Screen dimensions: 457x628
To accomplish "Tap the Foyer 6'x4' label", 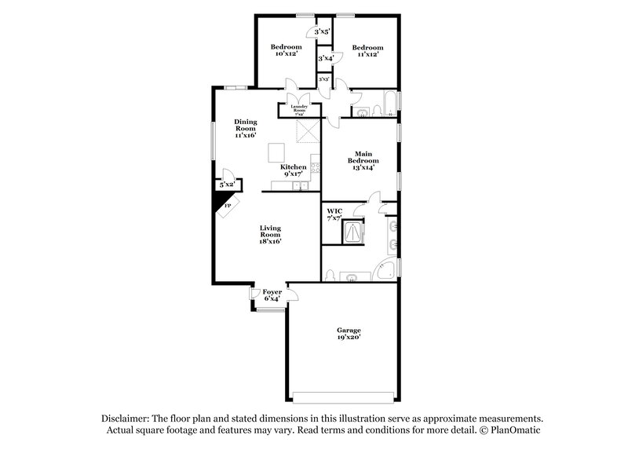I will point(272,295).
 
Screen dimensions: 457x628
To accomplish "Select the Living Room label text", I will point(271,235).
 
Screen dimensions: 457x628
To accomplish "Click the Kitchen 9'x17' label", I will point(294,171).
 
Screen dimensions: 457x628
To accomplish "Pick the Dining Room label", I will point(246,128).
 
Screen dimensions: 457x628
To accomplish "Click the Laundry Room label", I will point(298,110).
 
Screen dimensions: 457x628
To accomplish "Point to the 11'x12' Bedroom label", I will point(366,49).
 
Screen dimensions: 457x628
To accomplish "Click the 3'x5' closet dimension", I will point(322,32).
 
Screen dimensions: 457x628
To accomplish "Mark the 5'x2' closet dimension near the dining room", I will point(228,185).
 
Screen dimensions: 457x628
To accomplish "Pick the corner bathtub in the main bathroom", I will point(385,269).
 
